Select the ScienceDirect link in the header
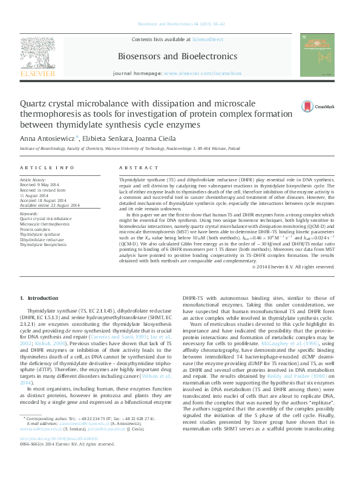[x=208, y=39]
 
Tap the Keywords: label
[x=30, y=213]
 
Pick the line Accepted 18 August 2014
[x=48, y=199]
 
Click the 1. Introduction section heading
[x=39, y=298]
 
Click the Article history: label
[x=33, y=180]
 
